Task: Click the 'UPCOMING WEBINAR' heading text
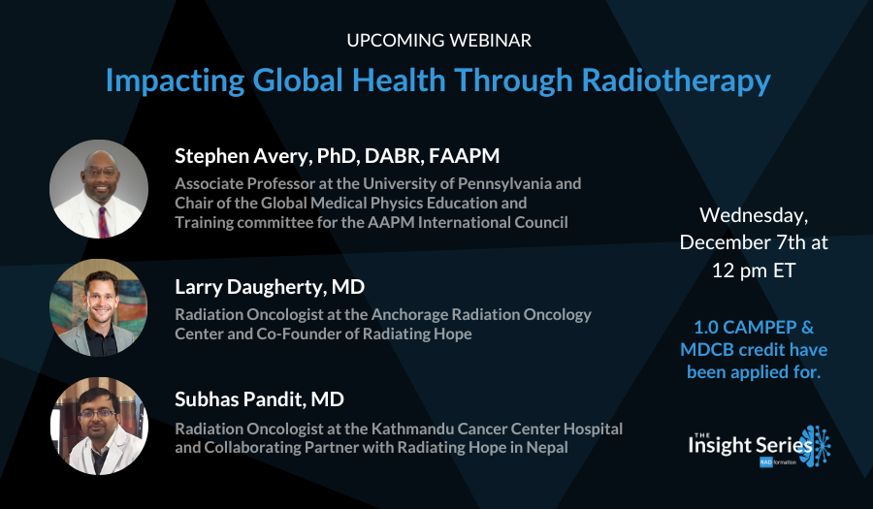pos(438,41)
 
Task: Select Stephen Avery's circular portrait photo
pos(98,189)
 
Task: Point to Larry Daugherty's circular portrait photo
pos(98,307)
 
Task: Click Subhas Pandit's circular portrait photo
pos(98,426)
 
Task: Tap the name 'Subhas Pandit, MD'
pos(259,398)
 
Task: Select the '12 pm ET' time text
pos(753,270)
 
